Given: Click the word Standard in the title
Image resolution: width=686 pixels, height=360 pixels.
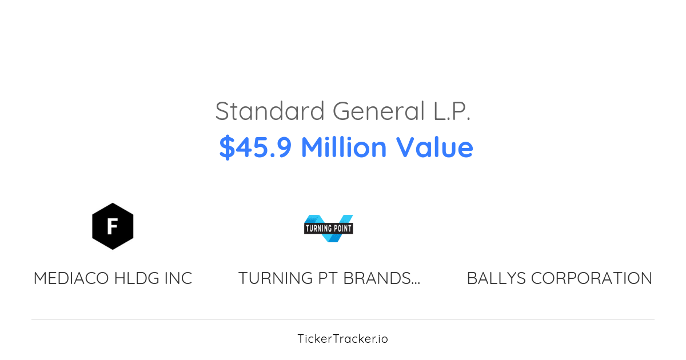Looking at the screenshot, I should point(270,111).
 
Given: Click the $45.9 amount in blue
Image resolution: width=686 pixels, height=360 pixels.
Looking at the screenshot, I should point(255,147).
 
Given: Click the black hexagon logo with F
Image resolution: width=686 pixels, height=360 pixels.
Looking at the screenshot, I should point(113,226).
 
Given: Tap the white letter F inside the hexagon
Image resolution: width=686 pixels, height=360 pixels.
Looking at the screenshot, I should point(113,226).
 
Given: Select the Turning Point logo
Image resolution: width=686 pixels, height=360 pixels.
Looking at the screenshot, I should point(329,228).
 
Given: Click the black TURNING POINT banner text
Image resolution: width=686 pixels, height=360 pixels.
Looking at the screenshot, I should point(329,229).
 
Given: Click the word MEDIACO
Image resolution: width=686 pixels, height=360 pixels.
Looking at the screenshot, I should point(71,278).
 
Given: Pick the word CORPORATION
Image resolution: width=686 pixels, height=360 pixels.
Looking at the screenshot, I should point(592,278).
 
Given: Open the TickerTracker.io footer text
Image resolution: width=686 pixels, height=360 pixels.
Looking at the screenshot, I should point(342,339).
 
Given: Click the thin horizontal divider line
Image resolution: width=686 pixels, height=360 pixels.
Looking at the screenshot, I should point(343,319).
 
